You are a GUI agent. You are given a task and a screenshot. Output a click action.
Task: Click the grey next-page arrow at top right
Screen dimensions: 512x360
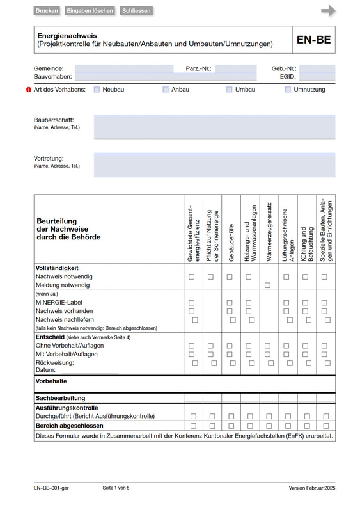click(x=328, y=10)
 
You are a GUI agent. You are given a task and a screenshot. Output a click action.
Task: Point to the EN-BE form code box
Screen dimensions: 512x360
click(x=313, y=40)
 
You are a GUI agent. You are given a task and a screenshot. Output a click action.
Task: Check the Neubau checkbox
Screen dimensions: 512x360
click(x=97, y=90)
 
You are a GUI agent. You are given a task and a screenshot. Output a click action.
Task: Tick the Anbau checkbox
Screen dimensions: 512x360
click(x=166, y=90)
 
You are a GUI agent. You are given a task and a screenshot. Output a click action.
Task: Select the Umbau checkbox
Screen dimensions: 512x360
click(x=230, y=90)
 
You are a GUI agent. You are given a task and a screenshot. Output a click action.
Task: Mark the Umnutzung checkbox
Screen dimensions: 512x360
click(x=288, y=90)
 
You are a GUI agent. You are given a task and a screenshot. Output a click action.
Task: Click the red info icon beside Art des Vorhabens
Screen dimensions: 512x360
click(x=28, y=90)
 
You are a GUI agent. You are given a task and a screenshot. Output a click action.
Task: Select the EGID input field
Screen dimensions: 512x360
click(x=317, y=76)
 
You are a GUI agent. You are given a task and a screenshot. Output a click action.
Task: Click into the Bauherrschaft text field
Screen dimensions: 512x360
click(x=214, y=127)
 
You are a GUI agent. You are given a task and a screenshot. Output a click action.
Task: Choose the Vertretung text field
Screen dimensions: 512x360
click(x=214, y=164)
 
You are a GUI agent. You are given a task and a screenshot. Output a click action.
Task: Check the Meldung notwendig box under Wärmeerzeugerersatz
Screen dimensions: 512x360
click(x=267, y=285)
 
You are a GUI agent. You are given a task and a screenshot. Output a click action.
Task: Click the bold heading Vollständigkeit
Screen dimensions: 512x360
click(x=58, y=268)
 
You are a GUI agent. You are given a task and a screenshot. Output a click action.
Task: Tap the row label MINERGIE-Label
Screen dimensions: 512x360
click(x=59, y=302)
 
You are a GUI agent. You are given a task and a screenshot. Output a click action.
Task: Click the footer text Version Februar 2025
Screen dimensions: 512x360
click(x=311, y=488)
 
